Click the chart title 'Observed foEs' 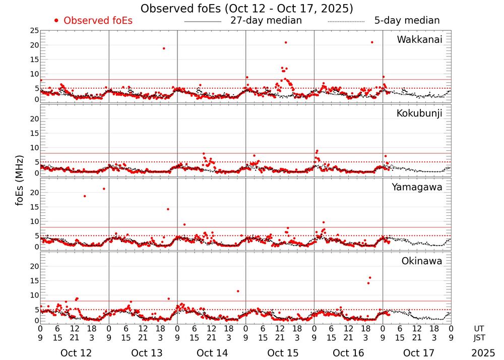click(x=246, y=9)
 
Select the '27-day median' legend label click(x=266, y=21)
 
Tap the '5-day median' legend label click(x=407, y=21)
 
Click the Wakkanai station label click(x=419, y=40)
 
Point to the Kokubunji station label click(x=419, y=113)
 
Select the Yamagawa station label click(x=417, y=187)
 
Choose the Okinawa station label click(x=421, y=261)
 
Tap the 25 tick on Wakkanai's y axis click(x=34, y=31)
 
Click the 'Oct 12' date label click(x=76, y=353)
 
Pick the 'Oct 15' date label click(x=280, y=353)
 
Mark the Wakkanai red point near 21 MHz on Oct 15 click(x=286, y=42)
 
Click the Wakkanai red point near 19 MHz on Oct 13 click(x=164, y=48)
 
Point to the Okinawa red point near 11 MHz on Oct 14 click(x=237, y=291)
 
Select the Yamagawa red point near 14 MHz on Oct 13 click(x=168, y=209)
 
